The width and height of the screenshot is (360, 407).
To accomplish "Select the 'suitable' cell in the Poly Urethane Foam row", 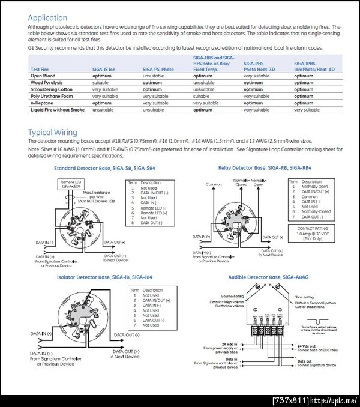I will click(x=201, y=96).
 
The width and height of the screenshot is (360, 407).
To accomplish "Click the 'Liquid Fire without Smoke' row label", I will click(x=58, y=110).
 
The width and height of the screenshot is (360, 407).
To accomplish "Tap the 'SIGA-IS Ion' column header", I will click(x=104, y=70).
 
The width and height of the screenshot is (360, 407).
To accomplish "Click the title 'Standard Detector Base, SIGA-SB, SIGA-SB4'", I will click(x=104, y=168).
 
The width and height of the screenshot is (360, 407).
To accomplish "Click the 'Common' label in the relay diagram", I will click(x=214, y=184).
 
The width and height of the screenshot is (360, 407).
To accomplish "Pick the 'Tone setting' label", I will click(x=305, y=297).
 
